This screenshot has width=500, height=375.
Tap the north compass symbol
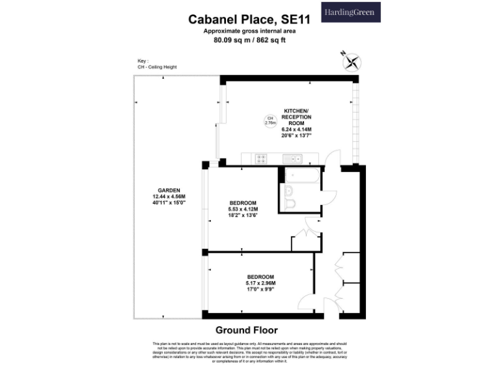(352, 63)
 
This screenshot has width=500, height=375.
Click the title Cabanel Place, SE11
(249, 20)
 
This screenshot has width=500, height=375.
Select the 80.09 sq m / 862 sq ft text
(249, 40)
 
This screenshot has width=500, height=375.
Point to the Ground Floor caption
(250, 329)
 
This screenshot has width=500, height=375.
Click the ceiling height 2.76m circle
(270, 120)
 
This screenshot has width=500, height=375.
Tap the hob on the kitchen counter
(260, 158)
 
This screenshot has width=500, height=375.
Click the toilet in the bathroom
(290, 205)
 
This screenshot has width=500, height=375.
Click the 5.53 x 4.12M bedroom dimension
(243, 208)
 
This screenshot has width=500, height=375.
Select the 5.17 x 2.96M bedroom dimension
(260, 283)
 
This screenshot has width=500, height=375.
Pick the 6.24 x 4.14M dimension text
(296, 130)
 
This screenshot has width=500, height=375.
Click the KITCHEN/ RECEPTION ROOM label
(296, 117)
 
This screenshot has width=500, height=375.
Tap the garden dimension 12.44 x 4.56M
(169, 197)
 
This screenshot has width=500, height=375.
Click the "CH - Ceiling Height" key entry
(157, 67)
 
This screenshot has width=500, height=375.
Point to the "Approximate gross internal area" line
(249, 31)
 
